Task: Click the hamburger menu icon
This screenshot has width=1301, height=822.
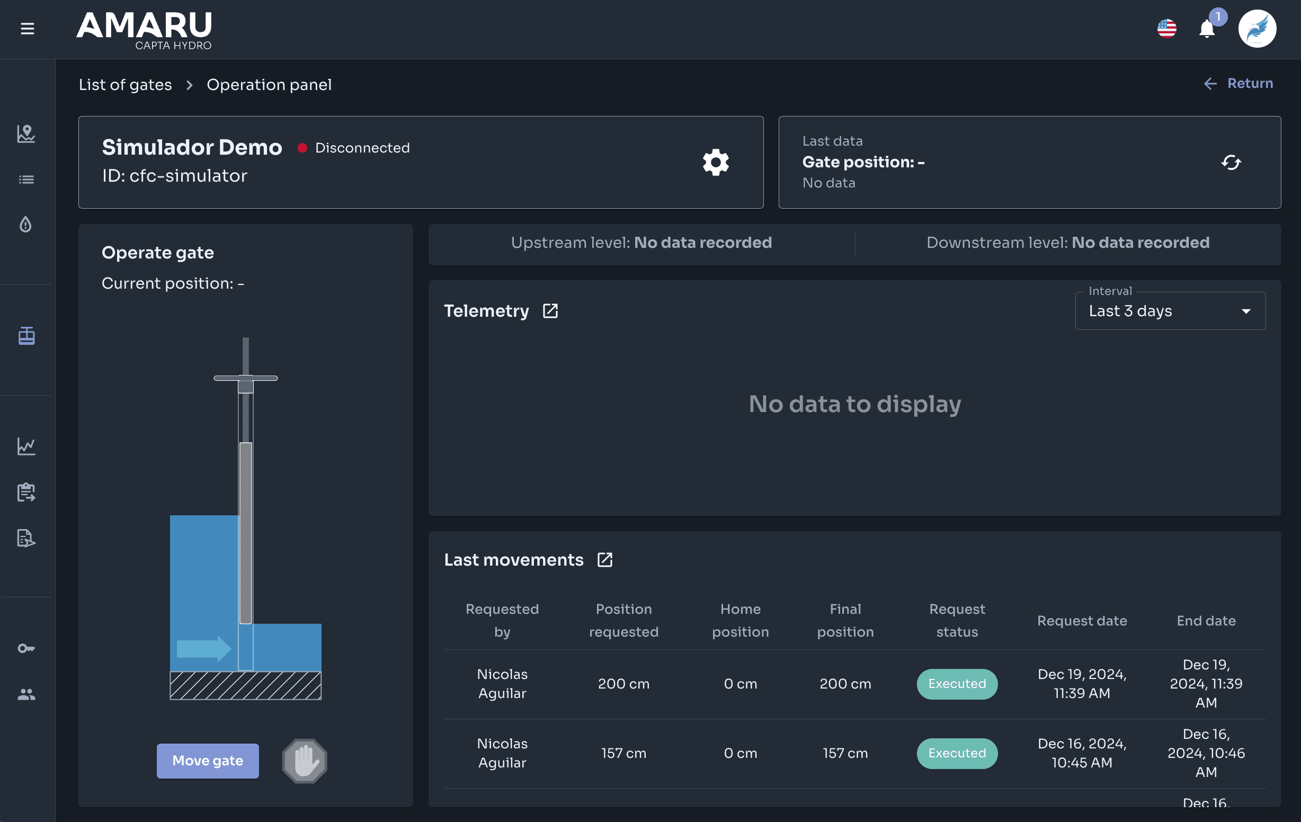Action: click(28, 29)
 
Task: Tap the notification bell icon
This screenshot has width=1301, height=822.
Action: click(1207, 29)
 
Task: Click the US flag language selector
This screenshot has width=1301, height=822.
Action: click(1167, 29)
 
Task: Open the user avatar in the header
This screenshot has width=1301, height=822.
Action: click(1257, 29)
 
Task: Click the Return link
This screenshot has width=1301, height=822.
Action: click(1238, 83)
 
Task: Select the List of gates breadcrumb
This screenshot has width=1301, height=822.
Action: click(126, 85)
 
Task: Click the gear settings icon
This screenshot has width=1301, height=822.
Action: click(716, 162)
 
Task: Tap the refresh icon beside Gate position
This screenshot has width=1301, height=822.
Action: click(1231, 162)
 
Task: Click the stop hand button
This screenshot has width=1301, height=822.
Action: click(305, 761)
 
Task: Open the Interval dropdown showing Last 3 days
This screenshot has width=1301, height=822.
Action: click(1170, 311)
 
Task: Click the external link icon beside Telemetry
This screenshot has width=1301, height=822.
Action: click(550, 311)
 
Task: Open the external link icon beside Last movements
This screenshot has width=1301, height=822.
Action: click(605, 560)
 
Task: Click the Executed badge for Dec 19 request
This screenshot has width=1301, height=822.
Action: click(957, 684)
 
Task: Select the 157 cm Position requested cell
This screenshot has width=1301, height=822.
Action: click(623, 753)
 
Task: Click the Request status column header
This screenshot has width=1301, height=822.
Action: click(957, 621)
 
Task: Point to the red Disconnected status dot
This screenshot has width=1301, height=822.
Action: click(302, 148)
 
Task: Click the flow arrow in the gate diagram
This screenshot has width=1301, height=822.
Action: click(204, 649)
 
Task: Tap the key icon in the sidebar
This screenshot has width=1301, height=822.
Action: click(26, 648)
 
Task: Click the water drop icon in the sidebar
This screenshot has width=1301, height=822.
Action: click(26, 224)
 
